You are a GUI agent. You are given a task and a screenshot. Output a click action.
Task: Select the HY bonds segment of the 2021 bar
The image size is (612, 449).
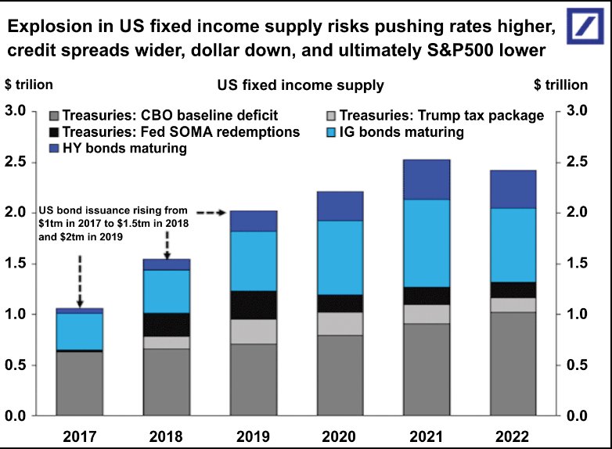tap(427, 179)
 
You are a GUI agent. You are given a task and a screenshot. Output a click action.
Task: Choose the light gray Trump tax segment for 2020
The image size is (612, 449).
tap(340, 324)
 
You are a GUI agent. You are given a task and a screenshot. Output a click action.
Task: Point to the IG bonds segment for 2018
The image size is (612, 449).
tap(167, 291)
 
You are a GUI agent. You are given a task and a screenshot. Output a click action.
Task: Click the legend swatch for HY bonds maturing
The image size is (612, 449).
tap(55, 148)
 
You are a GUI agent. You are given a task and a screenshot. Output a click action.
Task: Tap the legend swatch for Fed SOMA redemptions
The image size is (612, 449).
tap(55, 132)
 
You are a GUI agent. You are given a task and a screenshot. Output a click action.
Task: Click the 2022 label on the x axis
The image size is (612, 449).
tap(513, 436)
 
